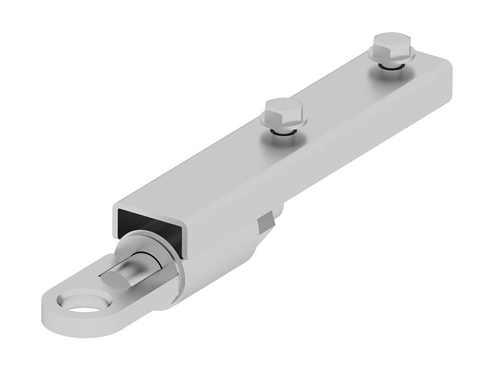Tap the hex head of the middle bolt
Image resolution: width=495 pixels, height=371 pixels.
tap(284, 112)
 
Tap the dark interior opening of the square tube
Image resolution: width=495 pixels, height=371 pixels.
tap(144, 223)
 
